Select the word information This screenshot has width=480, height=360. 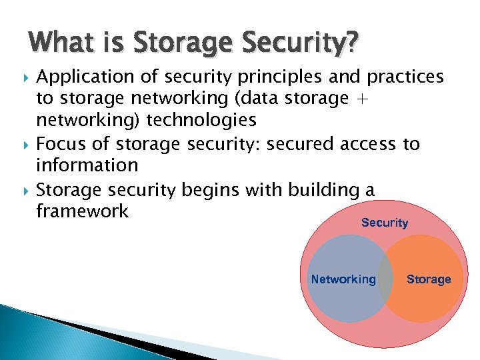87,165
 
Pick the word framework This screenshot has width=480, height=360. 82,211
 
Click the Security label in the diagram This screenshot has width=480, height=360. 384,223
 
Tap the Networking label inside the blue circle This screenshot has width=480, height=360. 343,279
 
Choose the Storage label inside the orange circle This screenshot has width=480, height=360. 429,279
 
